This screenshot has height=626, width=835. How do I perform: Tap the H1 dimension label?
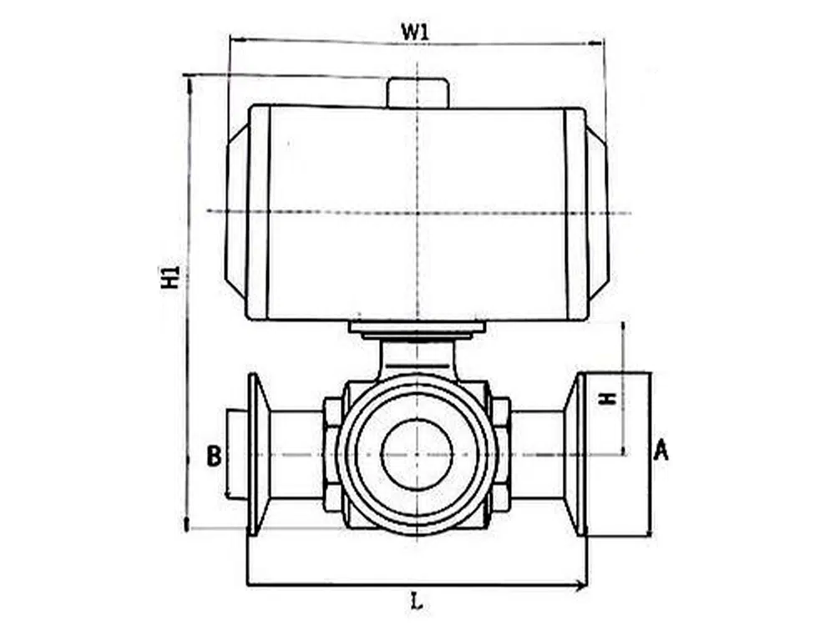coord(170,276)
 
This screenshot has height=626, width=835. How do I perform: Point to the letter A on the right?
coord(660,452)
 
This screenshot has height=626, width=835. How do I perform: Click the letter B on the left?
coord(214,456)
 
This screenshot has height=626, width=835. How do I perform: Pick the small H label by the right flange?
coord(610,399)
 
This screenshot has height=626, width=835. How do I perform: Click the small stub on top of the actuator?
coord(418,93)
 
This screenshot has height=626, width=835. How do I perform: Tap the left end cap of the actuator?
coord(237,211)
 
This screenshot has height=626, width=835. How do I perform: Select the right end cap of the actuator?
coord(597,213)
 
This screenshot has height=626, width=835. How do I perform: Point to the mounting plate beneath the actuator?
coord(417,328)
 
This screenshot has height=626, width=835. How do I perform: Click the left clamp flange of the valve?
coord(257,454)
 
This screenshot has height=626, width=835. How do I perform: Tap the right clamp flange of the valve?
coord(575,454)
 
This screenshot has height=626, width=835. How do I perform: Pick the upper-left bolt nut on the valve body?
coord(332,411)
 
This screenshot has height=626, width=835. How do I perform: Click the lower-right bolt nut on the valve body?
coord(500,498)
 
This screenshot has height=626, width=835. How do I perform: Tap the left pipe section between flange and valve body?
coord(296,455)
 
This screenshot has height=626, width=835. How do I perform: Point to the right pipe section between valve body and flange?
coord(537,455)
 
